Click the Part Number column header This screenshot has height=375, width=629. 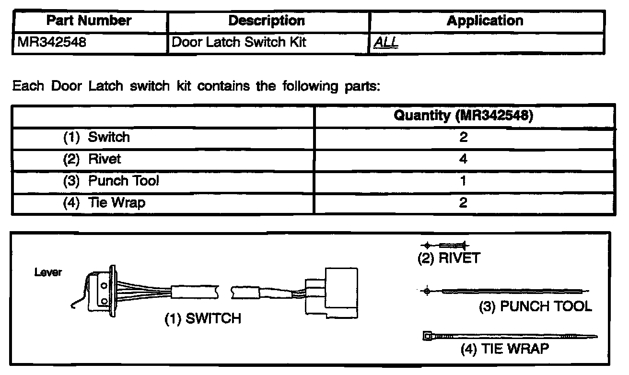coord(90,21)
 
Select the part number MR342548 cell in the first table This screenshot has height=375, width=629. coord(52,43)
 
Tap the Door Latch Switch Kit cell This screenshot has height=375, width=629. coord(238,43)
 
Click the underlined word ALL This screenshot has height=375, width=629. coord(386,43)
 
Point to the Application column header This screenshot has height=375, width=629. coord(485,21)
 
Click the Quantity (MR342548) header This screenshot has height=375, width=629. coord(463,116)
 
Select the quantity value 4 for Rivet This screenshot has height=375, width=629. coord(463,159)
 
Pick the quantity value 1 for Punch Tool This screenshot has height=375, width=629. coord(463,181)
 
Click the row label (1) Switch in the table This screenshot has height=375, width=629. coord(96,137)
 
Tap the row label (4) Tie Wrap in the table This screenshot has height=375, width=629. coord(104,202)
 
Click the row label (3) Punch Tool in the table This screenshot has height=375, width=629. coord(111,181)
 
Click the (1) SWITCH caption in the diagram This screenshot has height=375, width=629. coord(202,319)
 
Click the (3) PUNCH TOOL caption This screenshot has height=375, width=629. coord(536,306)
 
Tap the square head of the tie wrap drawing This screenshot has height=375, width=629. coord(427,336)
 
